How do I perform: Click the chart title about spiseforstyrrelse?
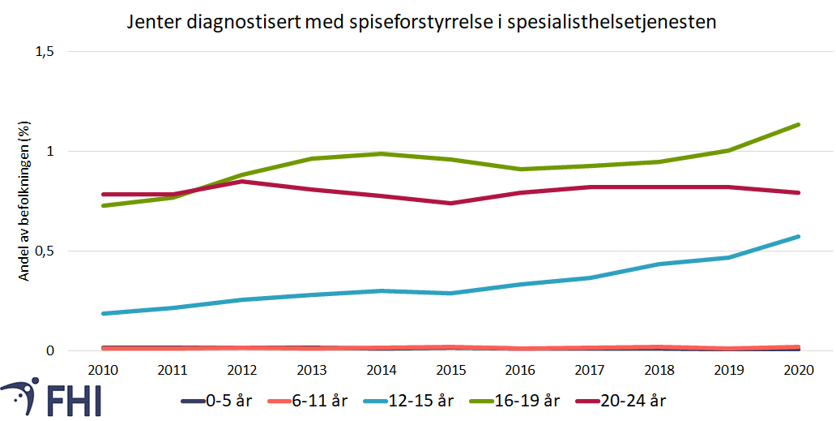(x=421, y=22)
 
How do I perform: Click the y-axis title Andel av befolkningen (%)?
(x=25, y=202)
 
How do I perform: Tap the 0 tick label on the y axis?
(x=49, y=351)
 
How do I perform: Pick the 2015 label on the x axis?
(x=451, y=370)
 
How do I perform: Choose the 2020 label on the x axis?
(x=799, y=370)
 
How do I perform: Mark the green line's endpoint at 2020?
(x=799, y=125)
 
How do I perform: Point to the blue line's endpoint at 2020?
(x=799, y=237)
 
